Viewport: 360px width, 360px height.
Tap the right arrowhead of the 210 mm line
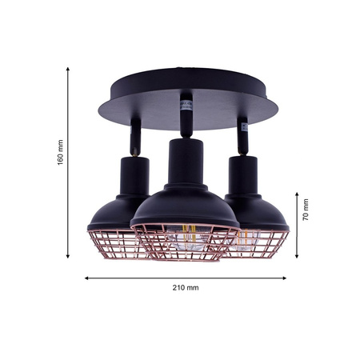(x=289, y=279)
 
